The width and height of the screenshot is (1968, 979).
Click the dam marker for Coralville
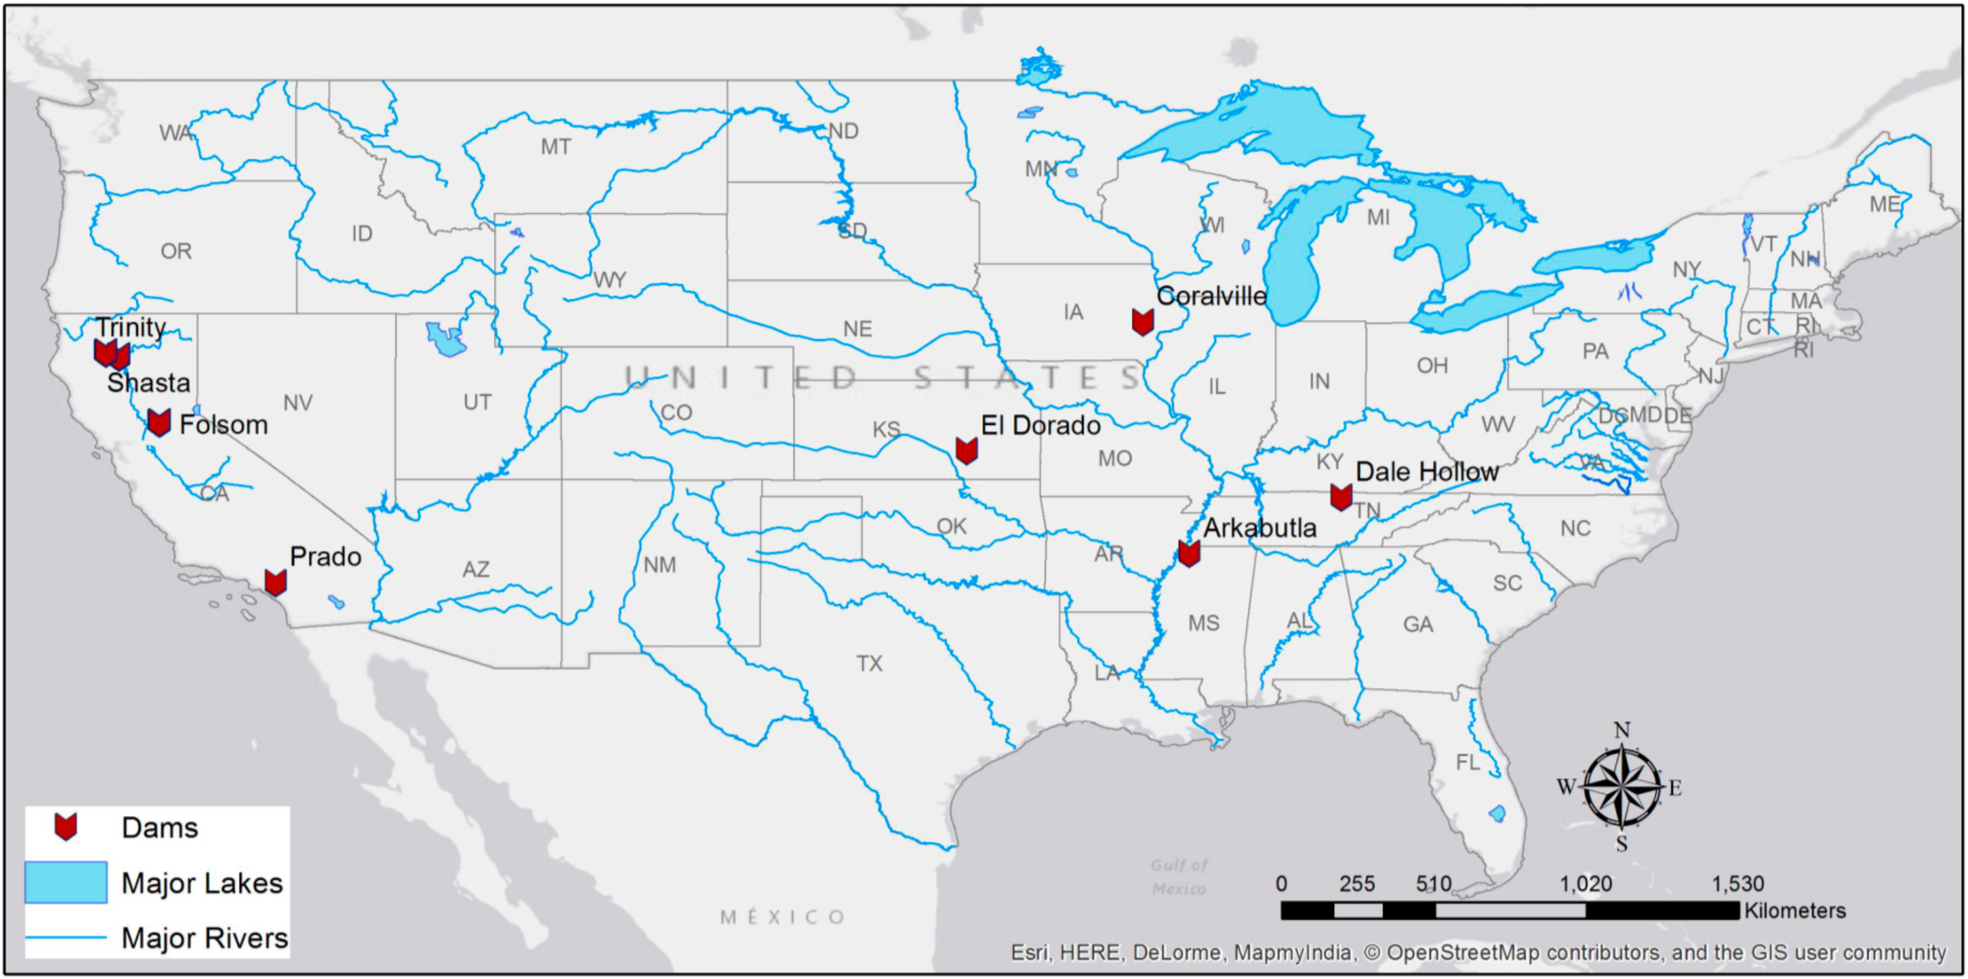[1142, 322]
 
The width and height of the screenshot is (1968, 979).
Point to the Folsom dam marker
[159, 422]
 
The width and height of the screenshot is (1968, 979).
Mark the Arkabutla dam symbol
[1188, 553]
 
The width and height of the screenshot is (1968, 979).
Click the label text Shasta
[148, 382]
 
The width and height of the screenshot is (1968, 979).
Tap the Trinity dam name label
[131, 327]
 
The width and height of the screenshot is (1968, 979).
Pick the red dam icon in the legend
[66, 827]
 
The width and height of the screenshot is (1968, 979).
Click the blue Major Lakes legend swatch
[66, 883]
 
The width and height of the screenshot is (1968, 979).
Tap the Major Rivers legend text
[205, 938]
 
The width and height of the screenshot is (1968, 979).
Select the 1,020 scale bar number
[1585, 884]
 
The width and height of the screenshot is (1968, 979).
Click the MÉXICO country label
[783, 917]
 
